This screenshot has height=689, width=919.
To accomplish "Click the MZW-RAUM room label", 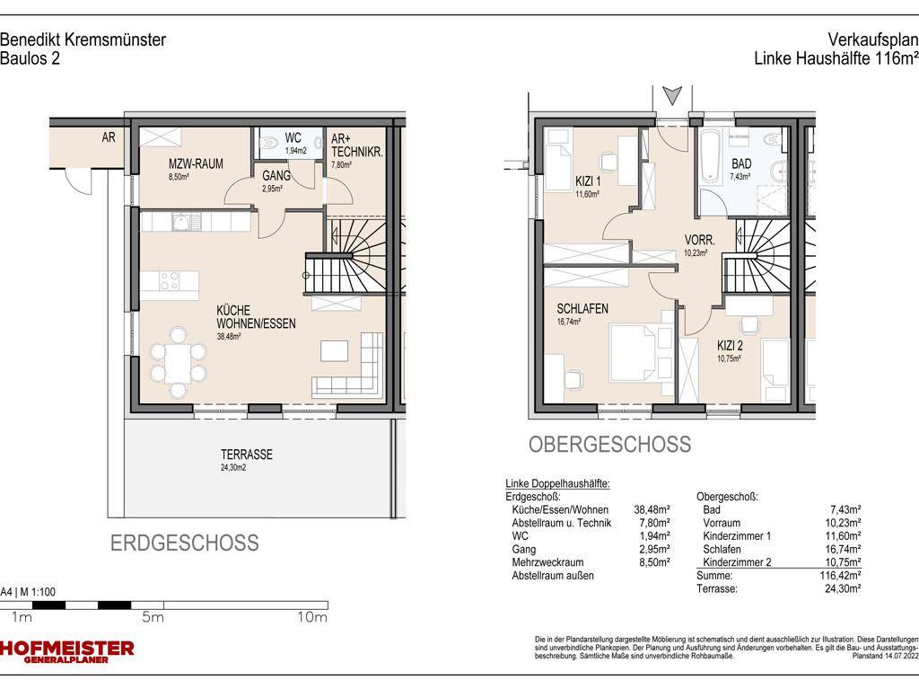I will point(196,163).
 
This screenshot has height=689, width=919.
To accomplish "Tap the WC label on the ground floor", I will point(293,138).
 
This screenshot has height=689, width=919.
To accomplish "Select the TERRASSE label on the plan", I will point(247,455).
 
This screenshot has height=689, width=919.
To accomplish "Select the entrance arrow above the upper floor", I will point(671,94).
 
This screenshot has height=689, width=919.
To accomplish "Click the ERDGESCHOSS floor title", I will point(184,543).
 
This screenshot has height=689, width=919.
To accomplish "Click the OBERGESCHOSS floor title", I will point(609,445).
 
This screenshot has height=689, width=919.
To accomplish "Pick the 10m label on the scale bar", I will point(311,618).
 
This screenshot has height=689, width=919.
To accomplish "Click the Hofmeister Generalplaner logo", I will point(67,651).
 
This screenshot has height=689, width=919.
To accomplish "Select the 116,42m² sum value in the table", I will point(841,575).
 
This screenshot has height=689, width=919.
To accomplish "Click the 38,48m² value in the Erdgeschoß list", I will point(652,509).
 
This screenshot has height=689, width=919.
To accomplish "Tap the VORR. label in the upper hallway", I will point(699,241).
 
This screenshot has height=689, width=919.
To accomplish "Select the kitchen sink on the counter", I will point(180,220).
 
